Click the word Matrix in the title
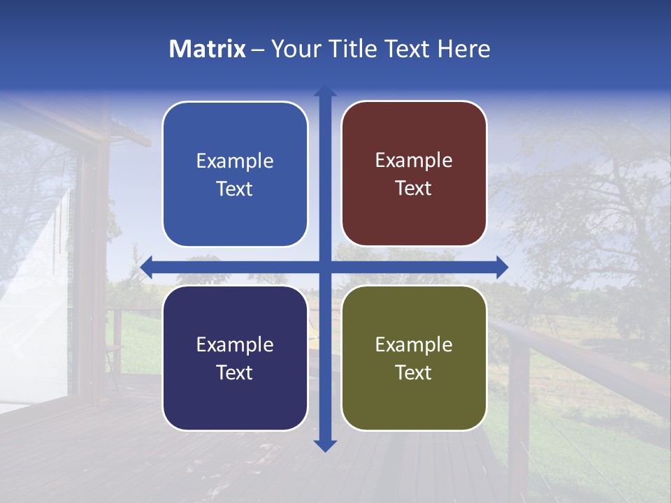(x=207, y=49)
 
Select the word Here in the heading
(x=463, y=49)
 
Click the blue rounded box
(x=235, y=174)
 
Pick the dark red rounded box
(x=414, y=174)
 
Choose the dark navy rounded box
(x=235, y=358)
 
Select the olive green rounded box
(x=414, y=358)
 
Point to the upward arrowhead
(x=325, y=91)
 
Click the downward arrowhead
(x=325, y=445)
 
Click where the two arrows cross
(x=325, y=267)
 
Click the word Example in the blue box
(x=235, y=161)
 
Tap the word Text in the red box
(x=414, y=189)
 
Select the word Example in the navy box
(x=235, y=344)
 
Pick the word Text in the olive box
(x=414, y=372)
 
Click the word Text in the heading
(x=407, y=49)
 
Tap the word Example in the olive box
(x=414, y=344)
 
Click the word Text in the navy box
(x=235, y=372)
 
